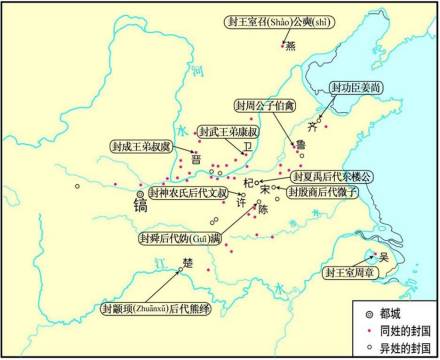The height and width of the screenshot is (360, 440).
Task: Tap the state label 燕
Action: (x=291, y=45)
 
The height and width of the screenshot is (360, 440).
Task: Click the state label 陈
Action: (x=263, y=210)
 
